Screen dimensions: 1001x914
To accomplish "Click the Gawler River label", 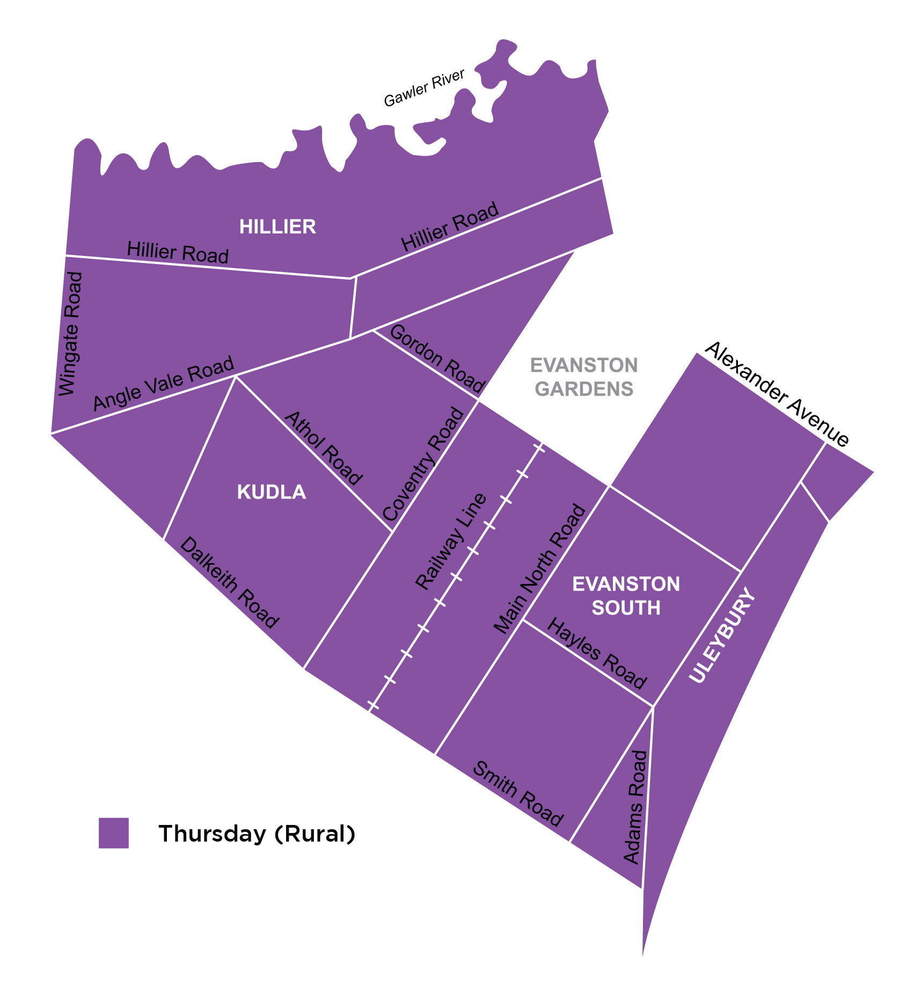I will (424, 88).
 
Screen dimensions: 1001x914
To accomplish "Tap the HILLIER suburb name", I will (277, 227).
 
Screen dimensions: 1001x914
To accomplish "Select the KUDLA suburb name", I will (272, 492).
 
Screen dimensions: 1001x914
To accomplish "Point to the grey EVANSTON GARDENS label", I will (584, 377).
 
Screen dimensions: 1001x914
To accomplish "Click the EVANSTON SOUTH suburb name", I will (626, 596).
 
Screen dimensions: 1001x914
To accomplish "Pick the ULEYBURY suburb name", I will (722, 637).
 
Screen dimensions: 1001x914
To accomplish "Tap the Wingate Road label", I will (71, 334).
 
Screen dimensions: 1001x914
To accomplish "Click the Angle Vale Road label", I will (164, 383).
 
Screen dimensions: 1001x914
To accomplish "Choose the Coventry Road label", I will (423, 464).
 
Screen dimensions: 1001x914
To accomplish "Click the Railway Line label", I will (451, 542).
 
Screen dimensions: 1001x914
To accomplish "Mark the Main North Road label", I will (539, 569).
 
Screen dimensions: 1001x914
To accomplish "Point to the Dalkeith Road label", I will (229, 583).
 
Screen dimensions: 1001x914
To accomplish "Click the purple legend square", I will (114, 833).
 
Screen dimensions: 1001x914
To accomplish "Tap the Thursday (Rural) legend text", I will (257, 834).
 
